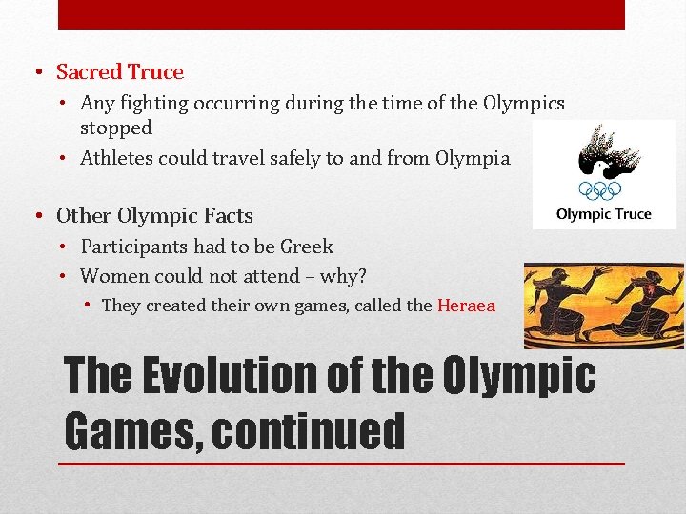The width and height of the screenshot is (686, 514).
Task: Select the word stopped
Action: [116, 128]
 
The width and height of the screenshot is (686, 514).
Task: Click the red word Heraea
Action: [466, 306]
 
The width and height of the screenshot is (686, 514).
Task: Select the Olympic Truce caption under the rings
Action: [604, 214]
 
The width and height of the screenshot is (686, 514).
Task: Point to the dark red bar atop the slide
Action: [341, 14]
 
